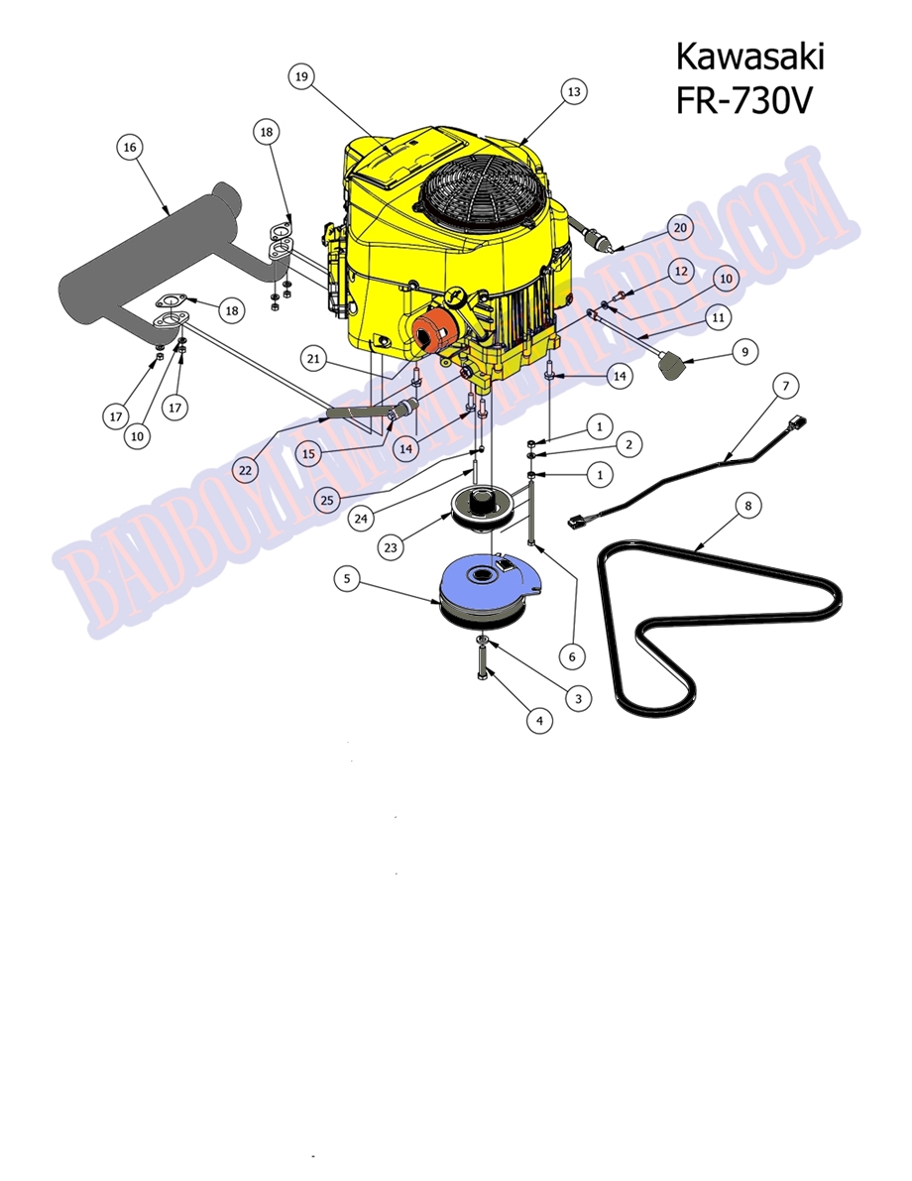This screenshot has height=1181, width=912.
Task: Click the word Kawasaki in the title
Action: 748,57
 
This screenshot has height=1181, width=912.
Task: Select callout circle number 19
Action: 302,75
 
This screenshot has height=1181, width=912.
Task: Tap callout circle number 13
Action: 572,91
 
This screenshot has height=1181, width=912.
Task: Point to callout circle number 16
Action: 129,148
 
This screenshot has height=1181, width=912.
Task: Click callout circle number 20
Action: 680,227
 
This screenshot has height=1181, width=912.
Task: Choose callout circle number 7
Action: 783,384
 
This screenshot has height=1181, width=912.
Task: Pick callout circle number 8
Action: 748,506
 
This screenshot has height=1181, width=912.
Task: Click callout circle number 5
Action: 345,579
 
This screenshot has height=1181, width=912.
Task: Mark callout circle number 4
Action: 539,721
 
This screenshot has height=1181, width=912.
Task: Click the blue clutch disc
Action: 491,585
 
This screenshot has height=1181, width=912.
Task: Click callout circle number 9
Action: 744,350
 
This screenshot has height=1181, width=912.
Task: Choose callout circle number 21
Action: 314,359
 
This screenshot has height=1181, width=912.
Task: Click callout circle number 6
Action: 571,655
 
